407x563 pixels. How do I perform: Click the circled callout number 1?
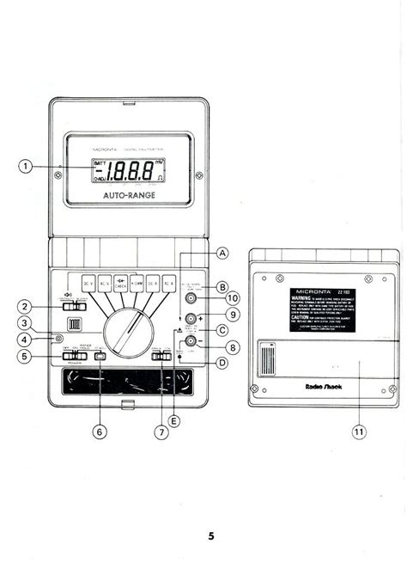click(x=26, y=167)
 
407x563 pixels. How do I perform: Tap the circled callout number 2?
click(x=26, y=306)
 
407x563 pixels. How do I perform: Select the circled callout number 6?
click(x=100, y=431)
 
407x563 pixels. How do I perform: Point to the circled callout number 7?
click(x=160, y=431)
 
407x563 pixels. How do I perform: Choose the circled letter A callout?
click(x=222, y=254)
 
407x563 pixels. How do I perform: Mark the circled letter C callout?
click(x=222, y=331)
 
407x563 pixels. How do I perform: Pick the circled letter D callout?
click(x=222, y=363)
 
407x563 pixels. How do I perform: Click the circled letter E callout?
click(x=175, y=420)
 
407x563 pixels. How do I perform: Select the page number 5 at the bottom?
click(x=210, y=536)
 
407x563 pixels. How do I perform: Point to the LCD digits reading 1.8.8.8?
click(x=130, y=172)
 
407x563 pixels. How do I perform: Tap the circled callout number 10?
click(x=234, y=298)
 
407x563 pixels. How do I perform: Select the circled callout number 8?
click(x=234, y=347)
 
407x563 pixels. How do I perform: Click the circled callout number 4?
click(x=26, y=339)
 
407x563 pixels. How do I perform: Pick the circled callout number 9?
click(x=234, y=315)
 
